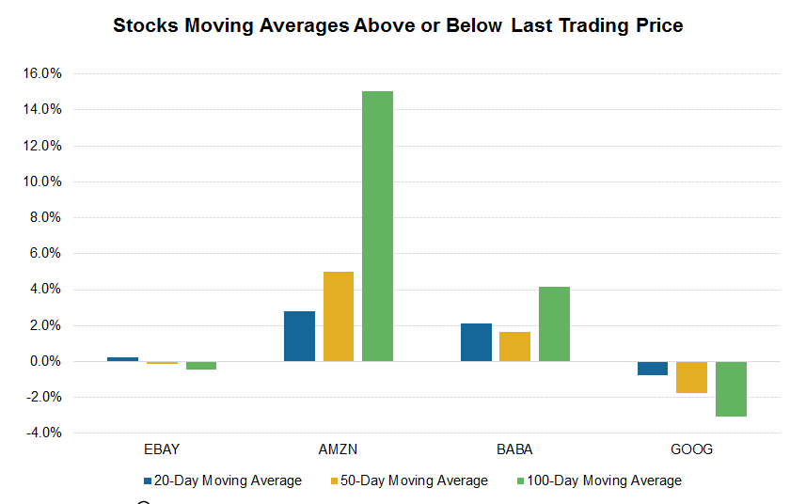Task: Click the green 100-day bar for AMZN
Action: tap(377, 226)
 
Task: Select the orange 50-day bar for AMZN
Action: tap(339, 316)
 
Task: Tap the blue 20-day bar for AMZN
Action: tap(299, 336)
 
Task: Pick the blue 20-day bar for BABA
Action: tap(476, 342)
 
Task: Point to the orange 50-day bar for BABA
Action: tap(514, 346)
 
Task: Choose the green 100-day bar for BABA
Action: tap(554, 323)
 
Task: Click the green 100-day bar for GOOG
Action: tap(731, 388)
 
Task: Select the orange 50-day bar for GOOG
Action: tap(691, 377)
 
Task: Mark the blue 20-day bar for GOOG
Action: tap(653, 368)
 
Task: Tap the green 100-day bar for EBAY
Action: tap(200, 365)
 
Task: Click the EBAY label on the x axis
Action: tap(161, 449)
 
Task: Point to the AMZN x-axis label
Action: tap(338, 449)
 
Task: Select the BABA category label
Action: tap(514, 449)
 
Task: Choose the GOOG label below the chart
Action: tap(691, 449)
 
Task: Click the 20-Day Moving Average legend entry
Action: tap(222, 480)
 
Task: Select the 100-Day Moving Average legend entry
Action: tap(600, 480)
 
